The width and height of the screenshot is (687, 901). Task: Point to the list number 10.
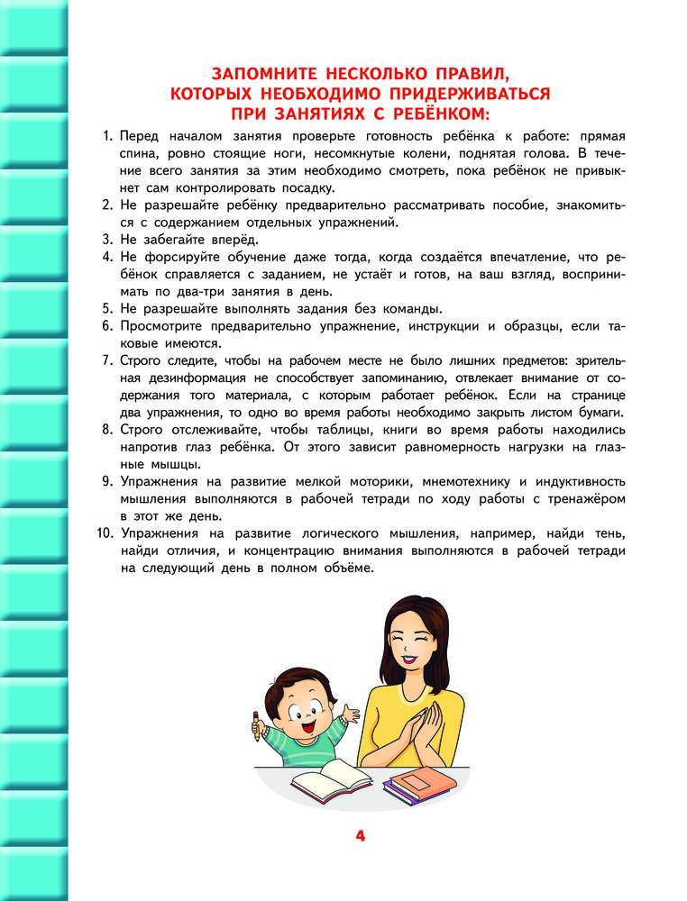click(x=102, y=534)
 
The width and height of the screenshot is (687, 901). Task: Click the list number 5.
click(x=104, y=308)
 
